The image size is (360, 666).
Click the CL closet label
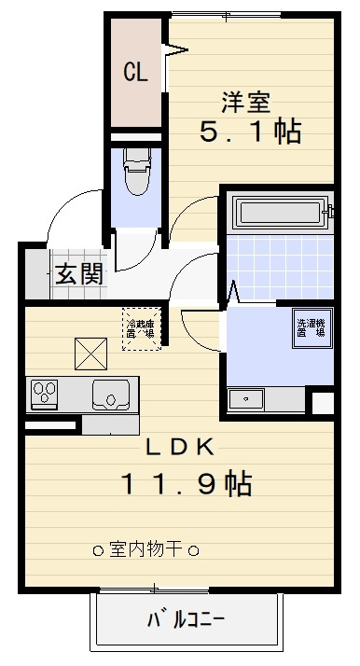[x=135, y=73]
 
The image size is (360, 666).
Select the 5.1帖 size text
[x=250, y=132]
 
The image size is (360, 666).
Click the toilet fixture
[x=136, y=173]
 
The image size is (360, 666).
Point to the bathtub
[x=279, y=214]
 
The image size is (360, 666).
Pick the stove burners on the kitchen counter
[x=45, y=395]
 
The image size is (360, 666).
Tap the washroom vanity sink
[x=246, y=399]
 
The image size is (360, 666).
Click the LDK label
[x=180, y=447]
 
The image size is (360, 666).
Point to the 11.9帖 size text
[x=184, y=483]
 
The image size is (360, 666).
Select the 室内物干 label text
[x=146, y=549]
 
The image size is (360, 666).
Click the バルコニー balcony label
[x=185, y=619]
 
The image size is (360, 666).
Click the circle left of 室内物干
[x=98, y=550]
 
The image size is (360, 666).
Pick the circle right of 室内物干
[x=194, y=550]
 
